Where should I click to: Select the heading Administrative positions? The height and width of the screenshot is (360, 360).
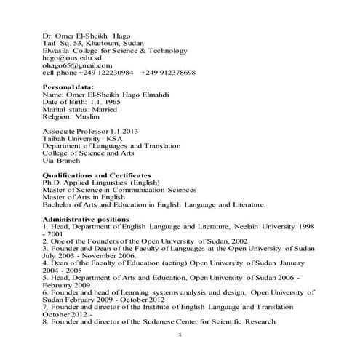coord(86,219)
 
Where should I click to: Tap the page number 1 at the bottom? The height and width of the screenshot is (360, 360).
coord(180,335)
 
